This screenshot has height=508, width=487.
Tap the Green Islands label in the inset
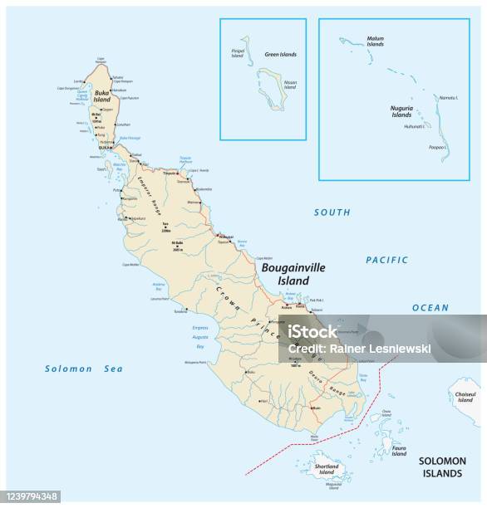click(x=280, y=55)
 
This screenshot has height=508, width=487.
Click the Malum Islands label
click(x=376, y=41)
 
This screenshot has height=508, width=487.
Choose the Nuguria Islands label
click(x=401, y=111)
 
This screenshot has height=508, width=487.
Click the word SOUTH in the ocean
click(x=332, y=212)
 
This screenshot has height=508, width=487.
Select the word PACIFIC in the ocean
click(x=387, y=260)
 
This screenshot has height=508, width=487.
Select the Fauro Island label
click(x=399, y=450)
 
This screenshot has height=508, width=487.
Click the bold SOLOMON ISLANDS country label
click(x=440, y=466)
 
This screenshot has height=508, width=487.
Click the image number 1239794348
click(x=31, y=496)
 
